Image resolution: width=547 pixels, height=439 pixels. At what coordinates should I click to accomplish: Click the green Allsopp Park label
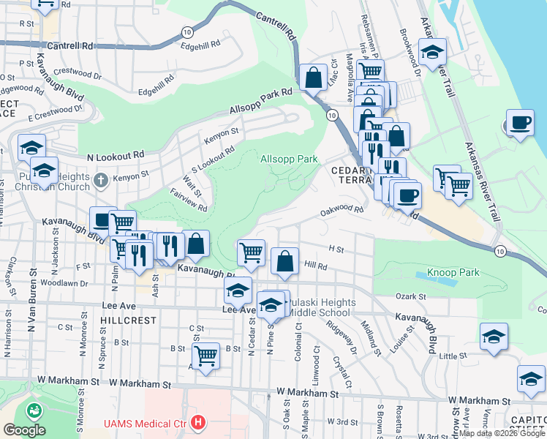tap(290, 159)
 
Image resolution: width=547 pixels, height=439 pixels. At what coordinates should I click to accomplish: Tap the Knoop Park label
tap(454, 272)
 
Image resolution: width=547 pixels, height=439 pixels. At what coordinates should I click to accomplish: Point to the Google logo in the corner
tap(24, 429)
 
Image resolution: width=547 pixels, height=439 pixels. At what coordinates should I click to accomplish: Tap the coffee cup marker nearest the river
tap(520, 122)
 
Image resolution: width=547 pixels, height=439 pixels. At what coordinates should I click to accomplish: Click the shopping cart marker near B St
tap(206, 356)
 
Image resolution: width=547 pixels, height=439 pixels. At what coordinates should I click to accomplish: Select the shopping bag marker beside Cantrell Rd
tap(313, 78)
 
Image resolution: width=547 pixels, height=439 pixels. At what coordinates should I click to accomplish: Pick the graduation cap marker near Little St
tap(494, 337)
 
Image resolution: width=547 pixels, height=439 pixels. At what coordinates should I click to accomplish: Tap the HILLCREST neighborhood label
tap(129, 320)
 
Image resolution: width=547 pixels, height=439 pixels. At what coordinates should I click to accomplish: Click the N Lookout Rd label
tap(115, 156)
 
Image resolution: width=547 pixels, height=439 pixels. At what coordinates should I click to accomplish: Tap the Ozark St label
tap(410, 296)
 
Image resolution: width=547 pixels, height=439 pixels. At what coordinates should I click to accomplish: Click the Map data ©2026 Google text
tap(502, 433)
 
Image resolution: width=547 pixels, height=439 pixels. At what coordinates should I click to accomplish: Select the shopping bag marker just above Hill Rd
tap(284, 260)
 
